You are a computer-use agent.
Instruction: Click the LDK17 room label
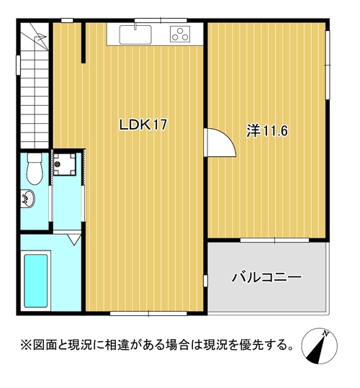point(143,125)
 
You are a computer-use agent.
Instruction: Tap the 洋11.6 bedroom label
point(267,131)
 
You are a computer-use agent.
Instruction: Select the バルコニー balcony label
point(266,277)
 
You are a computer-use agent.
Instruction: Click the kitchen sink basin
point(135,35)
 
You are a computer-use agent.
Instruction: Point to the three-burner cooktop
point(180,34)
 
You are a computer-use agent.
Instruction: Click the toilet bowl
point(35,168)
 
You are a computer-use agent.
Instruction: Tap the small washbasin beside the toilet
point(28,199)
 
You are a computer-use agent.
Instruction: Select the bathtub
point(35,281)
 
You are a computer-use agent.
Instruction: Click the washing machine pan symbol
point(65,164)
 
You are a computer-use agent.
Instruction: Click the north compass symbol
point(319,346)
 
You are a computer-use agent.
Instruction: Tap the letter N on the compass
point(325,333)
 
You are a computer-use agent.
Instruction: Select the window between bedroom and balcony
point(274,240)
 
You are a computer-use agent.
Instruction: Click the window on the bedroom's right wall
point(328,65)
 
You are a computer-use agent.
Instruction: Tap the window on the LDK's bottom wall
point(148,314)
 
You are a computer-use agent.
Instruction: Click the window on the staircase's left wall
point(18,65)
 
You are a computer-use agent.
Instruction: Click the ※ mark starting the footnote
point(26,345)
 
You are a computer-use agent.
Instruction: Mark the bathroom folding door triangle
point(75,240)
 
